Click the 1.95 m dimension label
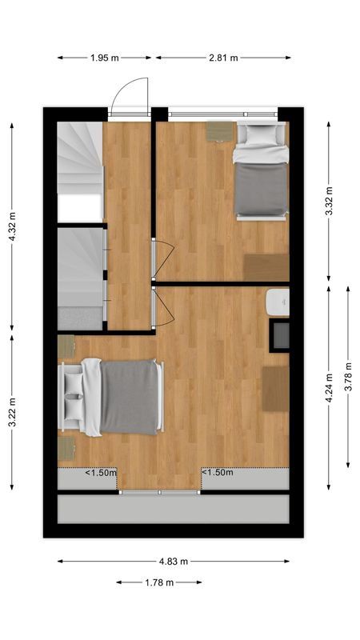pos(105,58)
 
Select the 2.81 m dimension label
pos(223,58)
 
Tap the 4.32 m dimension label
pos(11,226)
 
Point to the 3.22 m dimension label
pos(11,413)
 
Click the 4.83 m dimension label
pos(174,562)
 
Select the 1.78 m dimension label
pos(159,582)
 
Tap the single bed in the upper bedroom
pos(261,171)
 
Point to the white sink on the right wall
pos(278,302)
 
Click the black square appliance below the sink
pos(280,334)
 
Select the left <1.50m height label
pos(101,473)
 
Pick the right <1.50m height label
pos(217,473)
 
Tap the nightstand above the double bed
pos(66,346)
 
